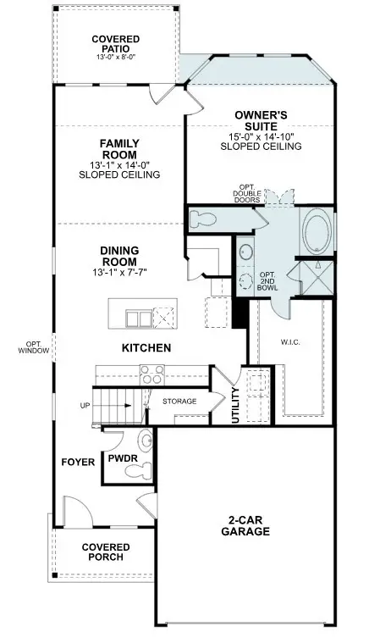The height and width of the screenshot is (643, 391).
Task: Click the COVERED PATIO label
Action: tap(115, 44)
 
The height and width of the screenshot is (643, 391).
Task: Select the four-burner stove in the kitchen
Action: tap(151, 374)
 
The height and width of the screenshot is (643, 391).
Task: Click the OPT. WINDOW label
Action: tap(34, 346)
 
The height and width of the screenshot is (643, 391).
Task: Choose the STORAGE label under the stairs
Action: tap(179, 401)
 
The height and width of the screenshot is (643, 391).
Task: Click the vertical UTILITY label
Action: tap(235, 406)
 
